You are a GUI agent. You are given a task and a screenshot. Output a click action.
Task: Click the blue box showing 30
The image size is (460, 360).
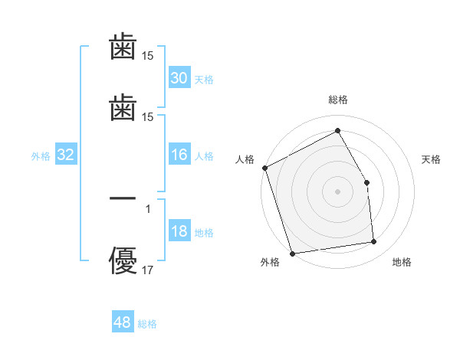point(179,77)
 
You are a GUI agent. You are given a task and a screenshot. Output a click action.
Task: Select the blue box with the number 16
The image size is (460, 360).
point(179,155)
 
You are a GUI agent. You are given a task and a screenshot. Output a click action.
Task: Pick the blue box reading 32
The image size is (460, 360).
point(66,155)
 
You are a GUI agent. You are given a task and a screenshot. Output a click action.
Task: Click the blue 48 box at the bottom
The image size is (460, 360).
point(123,322)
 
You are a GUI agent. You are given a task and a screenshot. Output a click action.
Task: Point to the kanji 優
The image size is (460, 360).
point(123,260)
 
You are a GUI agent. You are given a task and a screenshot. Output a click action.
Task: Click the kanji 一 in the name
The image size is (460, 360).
point(123,198)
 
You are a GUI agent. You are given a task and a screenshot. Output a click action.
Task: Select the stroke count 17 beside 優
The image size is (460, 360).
point(148,270)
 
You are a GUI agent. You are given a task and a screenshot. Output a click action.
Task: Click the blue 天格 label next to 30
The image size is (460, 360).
point(203,79)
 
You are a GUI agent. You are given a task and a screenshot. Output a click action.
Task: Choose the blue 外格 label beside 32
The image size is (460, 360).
point(41,155)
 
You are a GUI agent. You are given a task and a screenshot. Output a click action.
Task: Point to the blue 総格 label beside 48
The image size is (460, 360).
point(147,324)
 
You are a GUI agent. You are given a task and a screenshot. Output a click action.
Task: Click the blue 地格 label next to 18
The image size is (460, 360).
point(203,233)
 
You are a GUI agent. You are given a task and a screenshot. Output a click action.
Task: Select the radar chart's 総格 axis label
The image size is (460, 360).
point(338,100)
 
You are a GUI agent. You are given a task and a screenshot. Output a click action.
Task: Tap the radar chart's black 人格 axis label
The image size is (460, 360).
point(245,159)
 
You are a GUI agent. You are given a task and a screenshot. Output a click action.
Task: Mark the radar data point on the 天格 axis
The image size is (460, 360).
point(367,182)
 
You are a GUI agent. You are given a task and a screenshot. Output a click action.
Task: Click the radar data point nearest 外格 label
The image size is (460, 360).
point(292,253)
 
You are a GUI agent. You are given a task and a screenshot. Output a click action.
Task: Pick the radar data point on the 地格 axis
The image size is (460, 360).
point(374,242)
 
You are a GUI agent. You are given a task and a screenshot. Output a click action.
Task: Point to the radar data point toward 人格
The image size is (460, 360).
point(264,168)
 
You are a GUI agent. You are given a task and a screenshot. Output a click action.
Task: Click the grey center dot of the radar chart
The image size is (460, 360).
point(338,191)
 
